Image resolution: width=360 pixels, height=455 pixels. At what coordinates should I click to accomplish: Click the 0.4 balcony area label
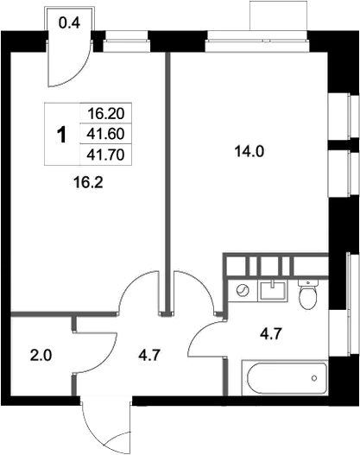(x=69, y=23)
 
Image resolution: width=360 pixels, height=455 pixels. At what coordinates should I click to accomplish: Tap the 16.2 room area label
(x=88, y=183)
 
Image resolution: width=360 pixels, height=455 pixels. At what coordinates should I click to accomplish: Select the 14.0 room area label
(x=249, y=151)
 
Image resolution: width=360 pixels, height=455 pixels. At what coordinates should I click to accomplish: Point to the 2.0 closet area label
(x=41, y=356)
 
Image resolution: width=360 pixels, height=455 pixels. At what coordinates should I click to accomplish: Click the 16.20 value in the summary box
(x=106, y=113)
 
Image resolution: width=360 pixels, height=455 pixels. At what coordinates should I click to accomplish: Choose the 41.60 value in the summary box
(x=106, y=134)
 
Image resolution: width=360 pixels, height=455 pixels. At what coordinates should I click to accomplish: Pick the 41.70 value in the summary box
(x=106, y=155)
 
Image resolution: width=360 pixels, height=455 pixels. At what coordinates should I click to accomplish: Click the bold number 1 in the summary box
(x=61, y=135)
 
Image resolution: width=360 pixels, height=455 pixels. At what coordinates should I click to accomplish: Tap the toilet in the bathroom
(x=308, y=294)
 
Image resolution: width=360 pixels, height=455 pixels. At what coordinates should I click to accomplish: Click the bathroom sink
(x=273, y=290)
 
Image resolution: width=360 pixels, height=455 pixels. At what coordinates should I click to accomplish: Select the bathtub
(x=285, y=378)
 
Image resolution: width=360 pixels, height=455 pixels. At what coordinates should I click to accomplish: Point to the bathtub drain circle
(x=314, y=378)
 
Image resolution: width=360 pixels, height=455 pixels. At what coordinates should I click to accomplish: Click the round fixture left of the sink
(x=243, y=290)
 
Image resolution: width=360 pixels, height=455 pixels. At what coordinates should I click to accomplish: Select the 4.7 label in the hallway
(x=149, y=356)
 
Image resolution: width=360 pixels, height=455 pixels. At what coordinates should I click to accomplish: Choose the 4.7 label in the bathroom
(x=271, y=334)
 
